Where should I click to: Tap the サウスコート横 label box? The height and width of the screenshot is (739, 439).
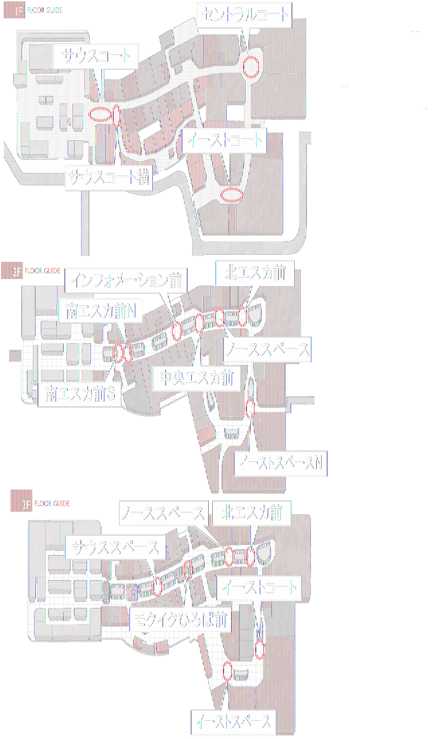point(109,177)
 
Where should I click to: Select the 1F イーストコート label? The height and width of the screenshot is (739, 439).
point(224,141)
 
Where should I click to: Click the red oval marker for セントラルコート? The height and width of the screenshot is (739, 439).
point(250,67)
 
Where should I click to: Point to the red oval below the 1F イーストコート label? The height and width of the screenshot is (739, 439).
point(231,195)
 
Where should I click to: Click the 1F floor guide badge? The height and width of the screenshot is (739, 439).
point(14,10)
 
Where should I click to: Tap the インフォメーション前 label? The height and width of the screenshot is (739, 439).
point(126,281)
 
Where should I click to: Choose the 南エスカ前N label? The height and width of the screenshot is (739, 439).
point(100,311)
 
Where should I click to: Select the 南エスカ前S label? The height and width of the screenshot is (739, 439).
point(80,394)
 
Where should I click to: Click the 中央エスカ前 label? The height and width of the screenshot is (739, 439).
point(196,378)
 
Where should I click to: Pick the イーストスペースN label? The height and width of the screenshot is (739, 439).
point(280,463)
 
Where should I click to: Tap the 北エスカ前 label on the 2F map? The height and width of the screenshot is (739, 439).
point(254,273)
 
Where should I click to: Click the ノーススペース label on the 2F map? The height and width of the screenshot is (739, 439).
point(267,349)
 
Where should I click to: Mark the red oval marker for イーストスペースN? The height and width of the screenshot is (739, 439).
point(250,408)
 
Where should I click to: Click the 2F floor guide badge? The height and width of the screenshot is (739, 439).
point(12,271)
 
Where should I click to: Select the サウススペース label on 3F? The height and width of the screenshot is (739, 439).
point(115,547)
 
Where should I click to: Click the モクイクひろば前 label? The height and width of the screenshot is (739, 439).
point(180,620)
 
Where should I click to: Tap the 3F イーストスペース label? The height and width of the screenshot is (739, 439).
point(233,722)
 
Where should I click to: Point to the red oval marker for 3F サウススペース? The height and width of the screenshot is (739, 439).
point(157,586)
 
